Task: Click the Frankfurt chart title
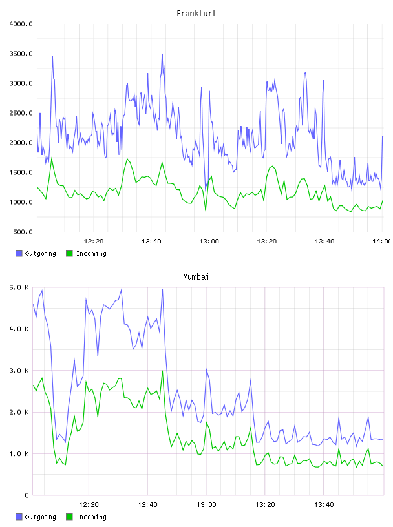point(197,14)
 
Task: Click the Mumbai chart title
point(196,277)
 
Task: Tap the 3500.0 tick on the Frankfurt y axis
point(21,54)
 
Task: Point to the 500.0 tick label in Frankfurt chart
point(23,232)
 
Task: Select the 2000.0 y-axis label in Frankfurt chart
point(21,143)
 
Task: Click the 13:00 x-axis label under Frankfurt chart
point(209,242)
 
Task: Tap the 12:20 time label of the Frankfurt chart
point(94,242)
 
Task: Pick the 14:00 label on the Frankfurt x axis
point(382,242)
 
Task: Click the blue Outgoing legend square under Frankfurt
point(19,253)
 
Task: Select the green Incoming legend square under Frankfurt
point(69,253)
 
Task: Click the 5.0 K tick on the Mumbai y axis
point(19,287)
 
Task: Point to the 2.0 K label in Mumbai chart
point(19,413)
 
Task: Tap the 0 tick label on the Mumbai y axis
point(27,495)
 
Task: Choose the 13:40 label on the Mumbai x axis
point(324,505)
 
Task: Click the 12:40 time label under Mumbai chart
point(147,505)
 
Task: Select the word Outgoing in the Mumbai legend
point(40,517)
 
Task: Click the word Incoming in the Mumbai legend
point(91,517)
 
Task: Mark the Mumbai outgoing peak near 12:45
point(162,289)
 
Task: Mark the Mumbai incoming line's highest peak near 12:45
point(162,371)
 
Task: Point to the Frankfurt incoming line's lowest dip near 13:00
point(206,211)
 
